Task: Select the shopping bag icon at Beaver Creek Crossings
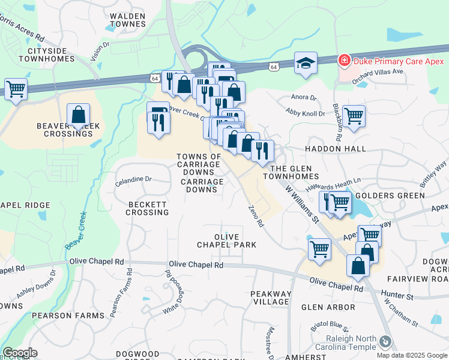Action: click(79, 115)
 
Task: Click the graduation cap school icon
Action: click(306, 63)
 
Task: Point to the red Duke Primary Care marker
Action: click(344, 59)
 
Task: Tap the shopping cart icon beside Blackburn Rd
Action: click(354, 116)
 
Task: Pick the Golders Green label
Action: click(382, 196)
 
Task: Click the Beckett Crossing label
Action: click(147, 208)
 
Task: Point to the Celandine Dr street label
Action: click(133, 179)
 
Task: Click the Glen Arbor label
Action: click(328, 307)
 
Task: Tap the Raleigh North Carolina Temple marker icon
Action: click(385, 341)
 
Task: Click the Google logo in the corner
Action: click(20, 353)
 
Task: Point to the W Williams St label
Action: click(301, 205)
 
